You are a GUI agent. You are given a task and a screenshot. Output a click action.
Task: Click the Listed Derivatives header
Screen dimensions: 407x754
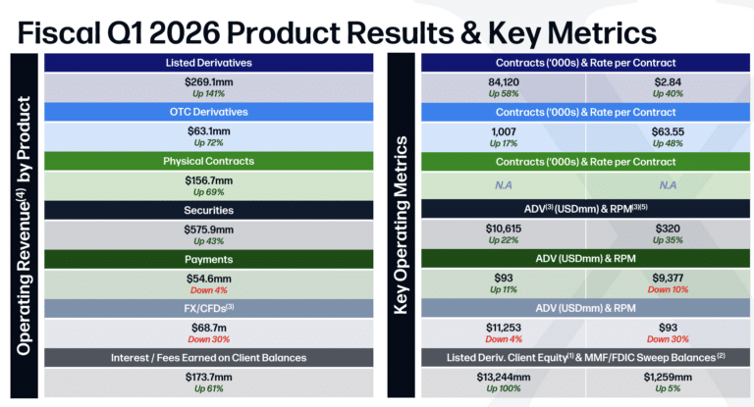coord(208,63)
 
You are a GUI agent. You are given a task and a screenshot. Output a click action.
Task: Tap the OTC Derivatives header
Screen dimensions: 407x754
coord(208,110)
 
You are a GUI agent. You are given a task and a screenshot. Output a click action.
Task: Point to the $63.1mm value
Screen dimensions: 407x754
coord(208,131)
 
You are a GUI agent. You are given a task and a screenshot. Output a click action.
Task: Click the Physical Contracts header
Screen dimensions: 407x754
coord(208,160)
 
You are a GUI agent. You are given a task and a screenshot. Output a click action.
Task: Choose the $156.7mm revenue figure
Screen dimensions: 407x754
coord(208,181)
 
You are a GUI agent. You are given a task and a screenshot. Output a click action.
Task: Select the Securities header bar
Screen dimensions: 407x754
coord(208,209)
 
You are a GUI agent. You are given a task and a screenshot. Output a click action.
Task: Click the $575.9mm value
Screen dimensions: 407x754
coord(208,229)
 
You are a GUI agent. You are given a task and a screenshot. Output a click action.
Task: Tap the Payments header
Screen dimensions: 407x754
coord(208,259)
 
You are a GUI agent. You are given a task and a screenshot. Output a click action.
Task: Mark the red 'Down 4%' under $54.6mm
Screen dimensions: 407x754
coord(208,290)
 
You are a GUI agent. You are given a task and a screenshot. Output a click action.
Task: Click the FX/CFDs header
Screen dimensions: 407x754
coord(208,308)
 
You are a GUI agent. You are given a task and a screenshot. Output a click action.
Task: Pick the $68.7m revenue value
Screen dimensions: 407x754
coord(208,328)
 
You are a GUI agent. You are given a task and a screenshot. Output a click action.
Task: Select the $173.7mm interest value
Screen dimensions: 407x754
coord(208,378)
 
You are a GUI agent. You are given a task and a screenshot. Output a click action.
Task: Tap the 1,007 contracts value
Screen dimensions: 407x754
coord(503,131)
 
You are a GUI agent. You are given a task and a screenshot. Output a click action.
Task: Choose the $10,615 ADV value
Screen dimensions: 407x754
coord(503,229)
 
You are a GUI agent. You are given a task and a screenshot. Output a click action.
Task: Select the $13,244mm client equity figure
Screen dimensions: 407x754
coord(503,378)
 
